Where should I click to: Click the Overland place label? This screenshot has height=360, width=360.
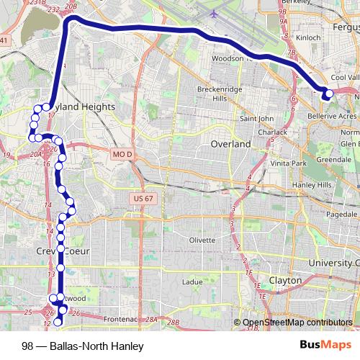coord(230,144)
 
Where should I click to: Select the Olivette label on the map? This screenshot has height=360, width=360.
coord(201,240)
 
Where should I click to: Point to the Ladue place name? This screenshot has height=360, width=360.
coord(192,282)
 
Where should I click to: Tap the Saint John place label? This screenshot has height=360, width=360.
coord(256,118)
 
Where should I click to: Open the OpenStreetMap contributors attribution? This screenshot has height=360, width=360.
coord(297,323)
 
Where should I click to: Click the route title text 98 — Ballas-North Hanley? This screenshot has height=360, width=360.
coord(83,346)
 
